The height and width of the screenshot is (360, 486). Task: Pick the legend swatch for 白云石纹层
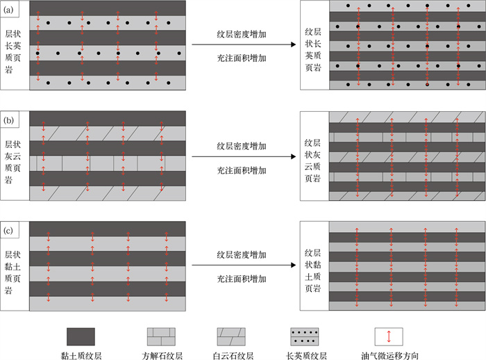[x=235, y=337]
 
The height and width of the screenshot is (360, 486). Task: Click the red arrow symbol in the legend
[x=388, y=337]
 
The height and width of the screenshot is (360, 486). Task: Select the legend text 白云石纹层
[x=235, y=355]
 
